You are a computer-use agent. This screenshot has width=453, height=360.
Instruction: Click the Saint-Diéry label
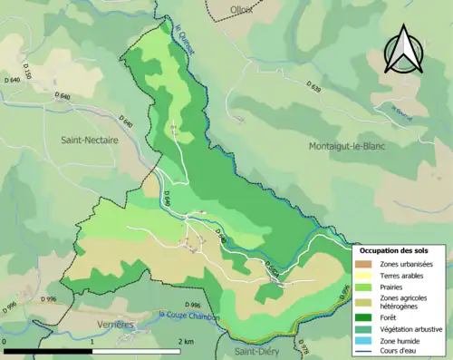256,351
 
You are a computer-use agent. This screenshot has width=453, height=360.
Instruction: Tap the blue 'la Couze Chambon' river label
188,316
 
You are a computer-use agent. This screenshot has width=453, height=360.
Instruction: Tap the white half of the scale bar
138,350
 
